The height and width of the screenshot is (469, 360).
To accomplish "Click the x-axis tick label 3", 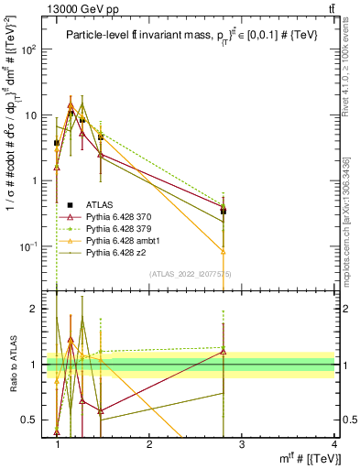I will (242, 444).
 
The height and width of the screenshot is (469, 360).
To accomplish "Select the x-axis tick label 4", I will (333, 444).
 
